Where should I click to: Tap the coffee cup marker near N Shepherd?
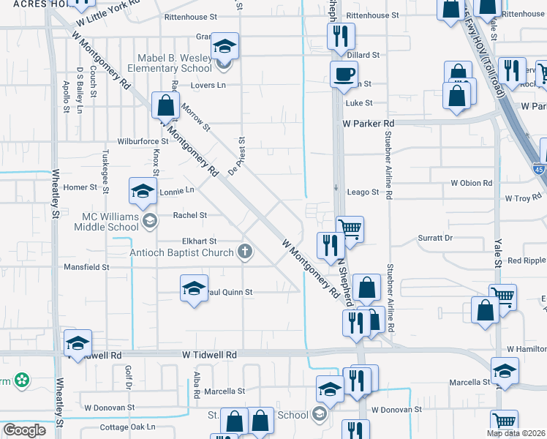[x=344, y=74]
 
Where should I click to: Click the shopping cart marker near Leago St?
[x=350, y=229]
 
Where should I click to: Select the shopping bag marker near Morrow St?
[x=166, y=105]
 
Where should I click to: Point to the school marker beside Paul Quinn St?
[x=194, y=288]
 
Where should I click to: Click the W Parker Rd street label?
[x=369, y=124]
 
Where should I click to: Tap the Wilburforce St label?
[x=143, y=141]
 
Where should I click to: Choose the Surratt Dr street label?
[x=435, y=238]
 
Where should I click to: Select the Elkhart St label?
[x=199, y=241]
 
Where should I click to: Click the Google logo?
[x=25, y=430]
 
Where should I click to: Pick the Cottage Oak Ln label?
[x=128, y=427]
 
